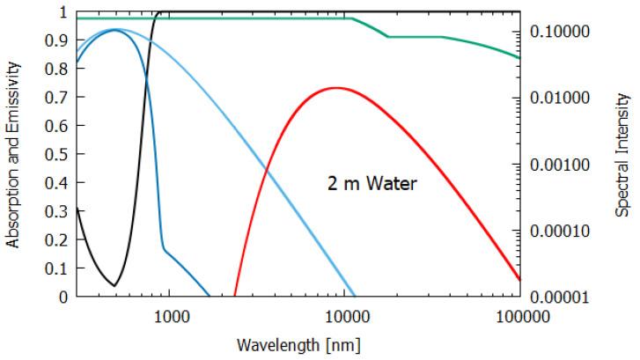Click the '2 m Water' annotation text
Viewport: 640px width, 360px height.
pos(367,185)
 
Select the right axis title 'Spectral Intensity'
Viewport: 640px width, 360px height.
pos(622,155)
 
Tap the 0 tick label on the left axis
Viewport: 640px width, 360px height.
pos(63,298)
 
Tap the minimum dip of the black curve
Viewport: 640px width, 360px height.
pos(114,285)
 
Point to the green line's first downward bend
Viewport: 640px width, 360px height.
pos(352,18)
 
